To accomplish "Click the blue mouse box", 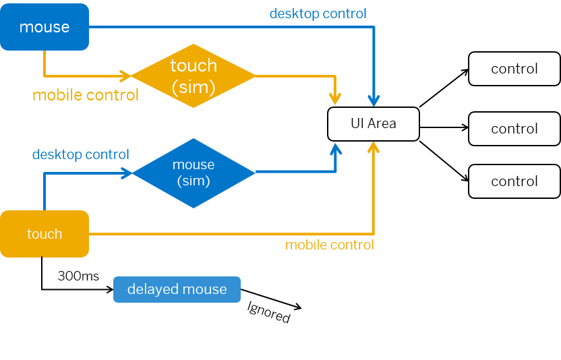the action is tap(45, 27).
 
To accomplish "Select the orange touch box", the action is tap(45, 234).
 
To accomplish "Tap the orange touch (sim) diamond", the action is tap(194, 76).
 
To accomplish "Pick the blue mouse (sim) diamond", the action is tap(194, 173).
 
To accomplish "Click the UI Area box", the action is tap(374, 124).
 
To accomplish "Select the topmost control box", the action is tap(514, 69).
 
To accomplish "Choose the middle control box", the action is tap(514, 129).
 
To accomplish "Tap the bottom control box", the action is tap(514, 181).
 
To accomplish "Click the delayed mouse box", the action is tap(177, 289).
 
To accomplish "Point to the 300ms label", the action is tap(78, 276).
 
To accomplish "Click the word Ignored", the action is tap(268, 312).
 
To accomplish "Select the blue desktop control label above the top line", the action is tap(318, 13).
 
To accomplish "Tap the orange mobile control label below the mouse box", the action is tap(86, 95).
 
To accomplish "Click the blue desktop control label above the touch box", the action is tap(80, 154).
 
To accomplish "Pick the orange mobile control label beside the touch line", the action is tap(330, 245).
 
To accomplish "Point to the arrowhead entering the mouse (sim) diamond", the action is tap(127, 173).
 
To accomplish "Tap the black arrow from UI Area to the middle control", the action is tap(444, 127).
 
